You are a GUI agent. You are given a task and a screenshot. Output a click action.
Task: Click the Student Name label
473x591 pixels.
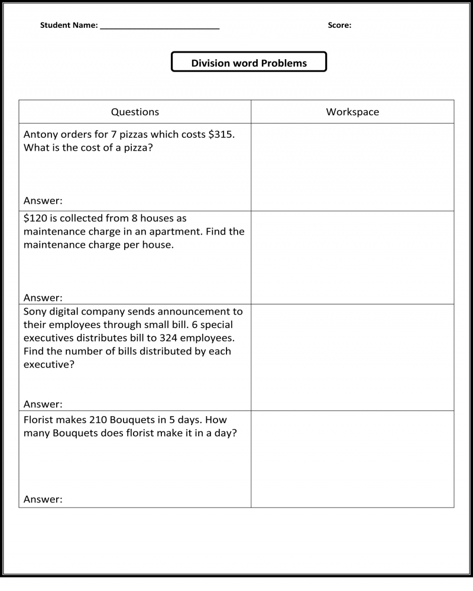69,25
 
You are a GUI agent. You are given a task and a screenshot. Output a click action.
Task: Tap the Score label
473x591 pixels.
339,25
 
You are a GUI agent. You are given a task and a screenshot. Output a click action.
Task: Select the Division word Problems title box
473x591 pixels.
249,63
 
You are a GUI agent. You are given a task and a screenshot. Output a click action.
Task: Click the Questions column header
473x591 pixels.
135,112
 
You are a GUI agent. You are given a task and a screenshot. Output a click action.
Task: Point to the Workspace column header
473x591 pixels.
352,112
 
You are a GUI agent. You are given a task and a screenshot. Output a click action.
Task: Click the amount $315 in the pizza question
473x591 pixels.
222,134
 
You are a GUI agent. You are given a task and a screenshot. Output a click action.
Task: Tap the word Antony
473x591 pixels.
41,134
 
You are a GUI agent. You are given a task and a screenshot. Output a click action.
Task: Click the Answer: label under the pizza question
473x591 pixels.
43,200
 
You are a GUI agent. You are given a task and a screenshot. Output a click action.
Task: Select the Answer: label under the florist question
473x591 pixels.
43,499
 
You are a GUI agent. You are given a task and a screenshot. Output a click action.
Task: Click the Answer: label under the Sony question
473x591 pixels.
43,404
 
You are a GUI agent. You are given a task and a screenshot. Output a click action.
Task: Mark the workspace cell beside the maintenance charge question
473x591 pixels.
352,258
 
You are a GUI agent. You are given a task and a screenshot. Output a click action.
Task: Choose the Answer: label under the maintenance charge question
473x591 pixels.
43,297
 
